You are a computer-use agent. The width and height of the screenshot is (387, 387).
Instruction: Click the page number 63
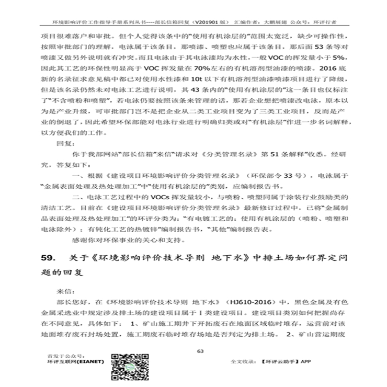click(200, 351)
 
